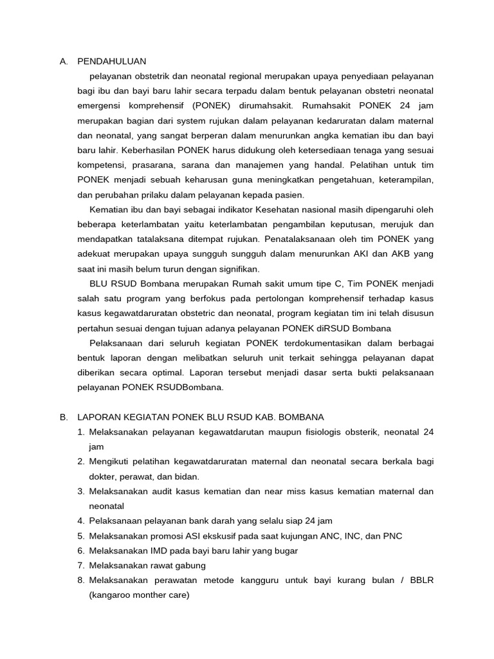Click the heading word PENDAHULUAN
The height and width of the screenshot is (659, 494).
pos(111,62)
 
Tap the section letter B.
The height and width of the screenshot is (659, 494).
pos(63,417)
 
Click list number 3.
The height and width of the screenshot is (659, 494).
pos(81,491)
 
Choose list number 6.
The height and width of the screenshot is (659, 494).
pos(81,551)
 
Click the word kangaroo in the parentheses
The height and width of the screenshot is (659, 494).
pos(111,595)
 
